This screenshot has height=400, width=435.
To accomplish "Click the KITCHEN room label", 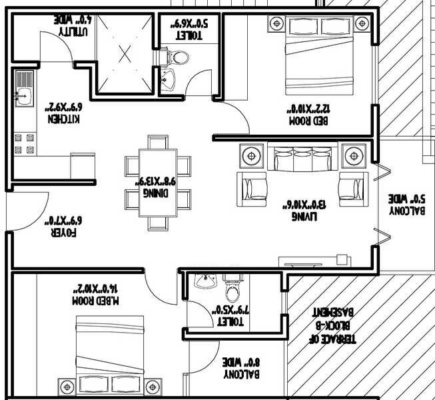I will (x=64, y=119).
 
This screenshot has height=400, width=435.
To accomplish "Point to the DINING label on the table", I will (x=157, y=192).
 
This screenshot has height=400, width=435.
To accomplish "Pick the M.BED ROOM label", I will (x=97, y=301).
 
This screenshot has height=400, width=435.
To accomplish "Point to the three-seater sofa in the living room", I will (x=296, y=161).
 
